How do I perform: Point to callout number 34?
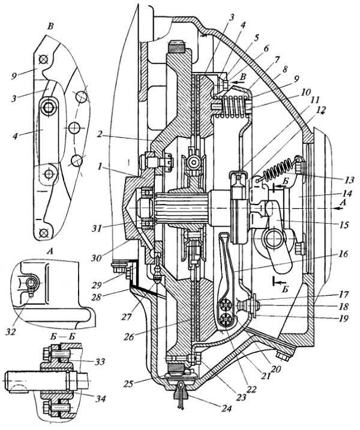pyautogui.click(x=100, y=398)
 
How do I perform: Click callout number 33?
pyautogui.click(x=100, y=362)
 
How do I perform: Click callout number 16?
pyautogui.click(x=343, y=254)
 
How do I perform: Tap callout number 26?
pyautogui.click(x=128, y=336)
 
